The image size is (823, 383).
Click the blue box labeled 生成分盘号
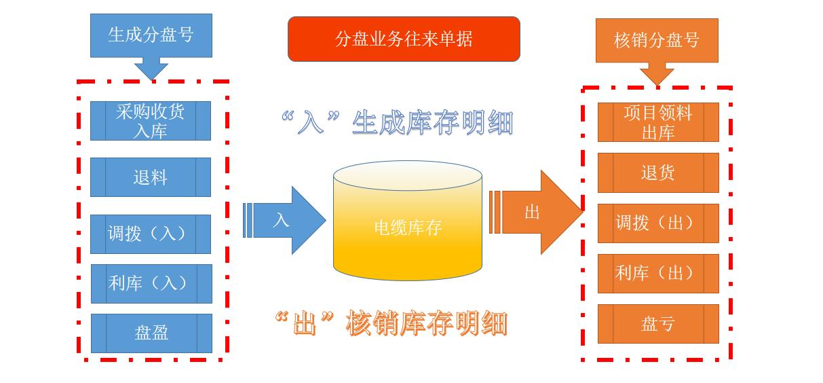[151, 35]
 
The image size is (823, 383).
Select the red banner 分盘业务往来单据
[404, 39]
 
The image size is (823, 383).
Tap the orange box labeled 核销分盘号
[656, 40]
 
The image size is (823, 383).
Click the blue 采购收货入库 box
[151, 121]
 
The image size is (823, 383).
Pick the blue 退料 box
[151, 177]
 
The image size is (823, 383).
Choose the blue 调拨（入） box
[151, 234]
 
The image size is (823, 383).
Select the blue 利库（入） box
[151, 283]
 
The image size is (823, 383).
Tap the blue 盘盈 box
[151, 333]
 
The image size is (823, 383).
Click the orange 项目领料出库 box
[657, 122]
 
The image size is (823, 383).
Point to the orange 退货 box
[657, 172]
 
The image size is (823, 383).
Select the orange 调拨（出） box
[657, 223]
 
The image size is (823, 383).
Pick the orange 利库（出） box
[657, 273]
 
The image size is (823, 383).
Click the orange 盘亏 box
[657, 323]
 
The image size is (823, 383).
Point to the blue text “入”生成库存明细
[396, 123]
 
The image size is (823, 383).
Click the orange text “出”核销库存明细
[391, 323]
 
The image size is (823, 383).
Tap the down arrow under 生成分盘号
[151, 69]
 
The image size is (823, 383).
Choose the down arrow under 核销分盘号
[656, 73]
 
